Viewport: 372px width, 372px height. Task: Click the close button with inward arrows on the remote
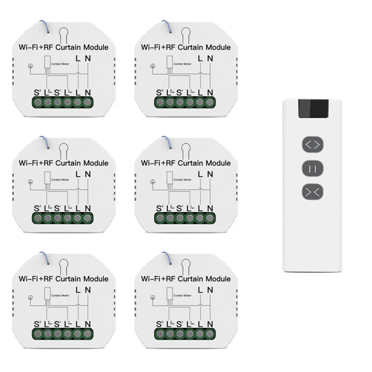click(x=312, y=192)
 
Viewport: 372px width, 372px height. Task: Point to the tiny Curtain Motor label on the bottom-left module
click(x=59, y=295)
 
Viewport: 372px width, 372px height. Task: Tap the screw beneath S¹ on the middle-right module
click(x=180, y=218)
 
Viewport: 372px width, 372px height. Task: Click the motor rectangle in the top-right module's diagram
click(x=170, y=62)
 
